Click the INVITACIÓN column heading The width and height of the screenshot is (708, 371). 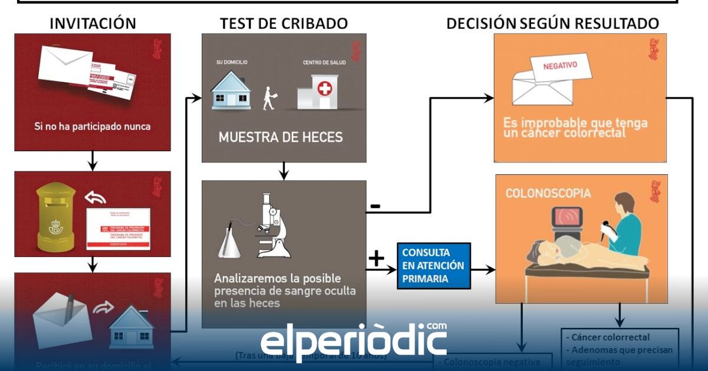(x=93, y=24)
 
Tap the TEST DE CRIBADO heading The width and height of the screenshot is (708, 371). (x=284, y=24)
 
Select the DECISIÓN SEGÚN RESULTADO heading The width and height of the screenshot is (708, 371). (x=552, y=24)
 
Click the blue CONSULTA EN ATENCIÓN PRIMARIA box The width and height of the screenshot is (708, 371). (x=434, y=266)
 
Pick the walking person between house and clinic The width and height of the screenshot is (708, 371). (x=270, y=98)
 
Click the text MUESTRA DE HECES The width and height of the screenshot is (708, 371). (x=280, y=137)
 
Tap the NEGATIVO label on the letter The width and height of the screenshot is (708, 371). (x=561, y=66)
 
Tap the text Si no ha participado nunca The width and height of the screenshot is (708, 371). (x=92, y=126)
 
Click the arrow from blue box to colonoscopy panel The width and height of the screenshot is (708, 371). (x=483, y=270)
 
